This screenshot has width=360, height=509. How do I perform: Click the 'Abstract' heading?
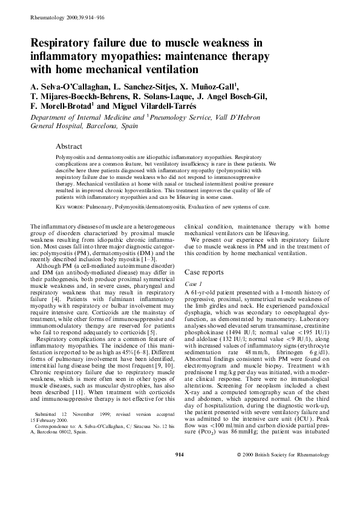click(68, 146)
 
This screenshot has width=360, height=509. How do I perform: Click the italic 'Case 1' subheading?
click(193, 283)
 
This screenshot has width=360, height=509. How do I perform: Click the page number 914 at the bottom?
click(180, 488)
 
